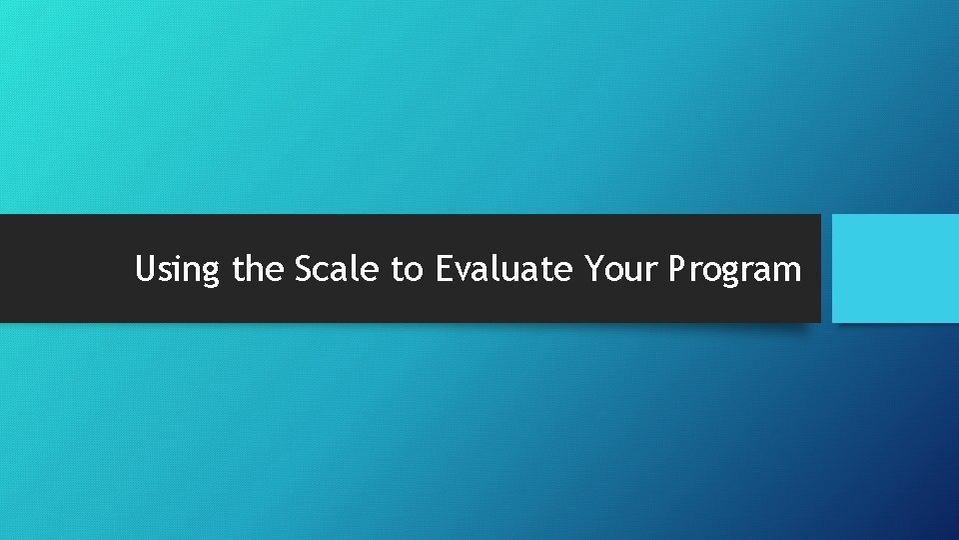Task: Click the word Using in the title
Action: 177,270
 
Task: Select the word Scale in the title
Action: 337,269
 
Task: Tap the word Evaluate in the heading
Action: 505,269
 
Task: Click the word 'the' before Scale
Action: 259,269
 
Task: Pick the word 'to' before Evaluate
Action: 408,269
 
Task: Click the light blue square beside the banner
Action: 895,268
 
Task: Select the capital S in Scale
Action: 304,269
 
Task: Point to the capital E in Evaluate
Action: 445,269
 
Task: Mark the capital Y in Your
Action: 595,269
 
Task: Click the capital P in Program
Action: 679,269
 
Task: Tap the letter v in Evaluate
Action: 465,272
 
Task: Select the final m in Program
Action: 788,272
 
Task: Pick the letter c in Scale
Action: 323,272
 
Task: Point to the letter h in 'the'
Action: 255,268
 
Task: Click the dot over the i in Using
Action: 180,257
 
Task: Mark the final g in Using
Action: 210,275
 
